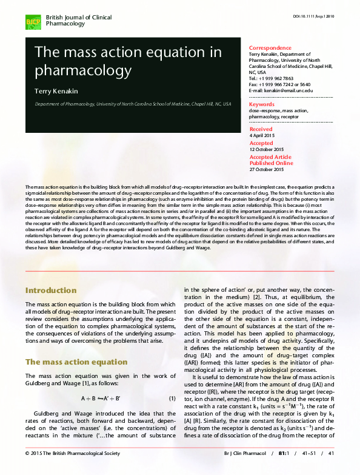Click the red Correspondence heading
(270, 47)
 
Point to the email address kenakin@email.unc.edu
(285, 90)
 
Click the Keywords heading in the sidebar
(262, 104)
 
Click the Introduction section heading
(51, 291)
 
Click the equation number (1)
(172, 398)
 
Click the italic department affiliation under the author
(133, 104)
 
